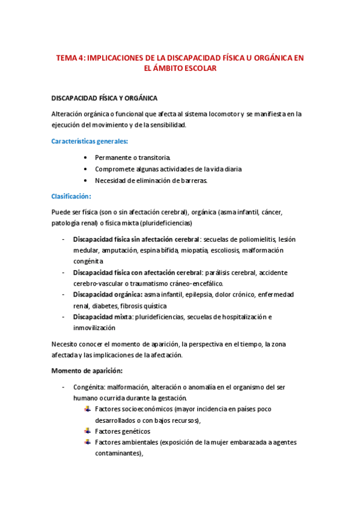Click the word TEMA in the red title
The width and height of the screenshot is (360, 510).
tap(67, 58)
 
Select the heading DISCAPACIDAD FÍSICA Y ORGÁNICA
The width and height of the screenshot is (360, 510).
tap(105, 98)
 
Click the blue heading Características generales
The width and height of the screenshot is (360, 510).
tap(90, 141)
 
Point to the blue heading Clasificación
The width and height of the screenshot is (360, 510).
tap(72, 196)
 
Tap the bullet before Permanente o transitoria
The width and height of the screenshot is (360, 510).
tap(88, 158)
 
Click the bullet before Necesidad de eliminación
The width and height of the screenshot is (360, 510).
tap(88, 180)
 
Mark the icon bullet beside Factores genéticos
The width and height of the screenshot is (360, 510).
tap(88, 431)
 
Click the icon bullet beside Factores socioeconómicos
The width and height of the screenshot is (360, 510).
tap(88, 409)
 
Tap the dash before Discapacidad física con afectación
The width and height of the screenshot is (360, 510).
tap(64, 272)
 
